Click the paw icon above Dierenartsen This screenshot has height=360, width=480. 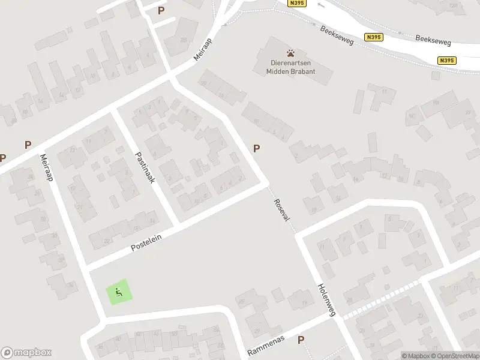point(291,53)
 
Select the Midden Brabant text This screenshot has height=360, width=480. point(291,72)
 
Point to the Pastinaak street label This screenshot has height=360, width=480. point(145,167)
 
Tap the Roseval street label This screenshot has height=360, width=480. point(281,209)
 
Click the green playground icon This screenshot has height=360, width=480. point(118,293)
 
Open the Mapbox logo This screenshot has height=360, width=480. point(26,353)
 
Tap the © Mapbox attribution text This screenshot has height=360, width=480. point(416,356)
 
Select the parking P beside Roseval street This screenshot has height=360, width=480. point(257,148)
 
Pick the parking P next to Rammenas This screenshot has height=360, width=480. point(301,340)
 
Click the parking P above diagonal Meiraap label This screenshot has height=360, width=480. point(161,10)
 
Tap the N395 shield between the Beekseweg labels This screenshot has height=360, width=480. point(373,37)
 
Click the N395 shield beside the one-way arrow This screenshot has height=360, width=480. point(296,3)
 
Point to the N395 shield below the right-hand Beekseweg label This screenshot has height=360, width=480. point(447,60)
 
